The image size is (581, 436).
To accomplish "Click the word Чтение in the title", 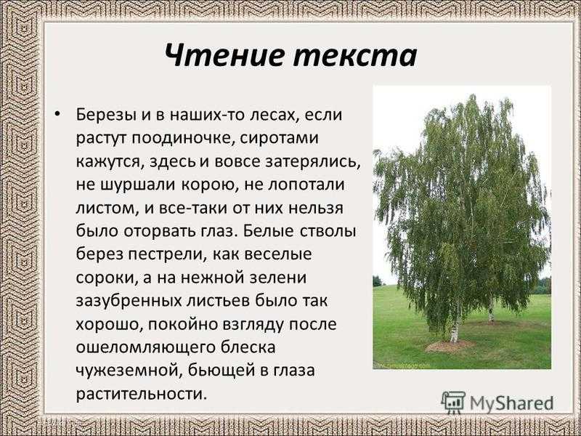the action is (x=225, y=56).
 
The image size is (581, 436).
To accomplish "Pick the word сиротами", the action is (x=279, y=139).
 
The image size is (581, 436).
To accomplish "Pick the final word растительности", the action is (x=140, y=394).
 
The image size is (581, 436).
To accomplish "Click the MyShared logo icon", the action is (x=452, y=403).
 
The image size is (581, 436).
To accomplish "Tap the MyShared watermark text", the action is (x=512, y=403).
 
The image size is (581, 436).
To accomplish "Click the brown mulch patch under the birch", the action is (x=450, y=346).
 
